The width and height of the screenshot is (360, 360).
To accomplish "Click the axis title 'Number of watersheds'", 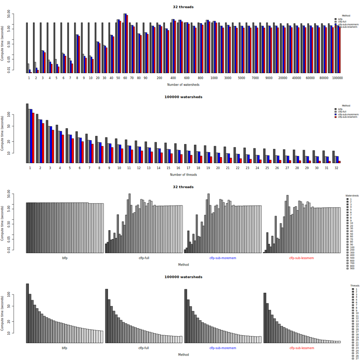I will click(x=183, y=85).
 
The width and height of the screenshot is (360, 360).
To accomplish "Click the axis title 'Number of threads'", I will click(x=183, y=175).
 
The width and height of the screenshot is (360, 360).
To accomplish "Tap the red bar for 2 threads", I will click(x=43, y=143).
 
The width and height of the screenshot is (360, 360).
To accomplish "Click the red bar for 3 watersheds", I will click(x=45, y=62).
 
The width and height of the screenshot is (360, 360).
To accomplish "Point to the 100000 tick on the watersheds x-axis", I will click(x=337, y=78).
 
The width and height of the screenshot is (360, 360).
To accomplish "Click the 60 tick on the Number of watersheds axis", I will click(x=125, y=78).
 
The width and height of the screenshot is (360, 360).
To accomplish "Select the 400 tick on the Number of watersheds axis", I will click(x=173, y=78).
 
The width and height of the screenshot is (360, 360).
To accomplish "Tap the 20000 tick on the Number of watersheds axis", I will click(x=283, y=78).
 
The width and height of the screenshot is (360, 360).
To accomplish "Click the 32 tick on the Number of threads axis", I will click(x=337, y=168).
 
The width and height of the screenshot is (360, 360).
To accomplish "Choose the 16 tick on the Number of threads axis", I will click(x=178, y=168).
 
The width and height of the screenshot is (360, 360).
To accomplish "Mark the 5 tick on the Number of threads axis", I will click(x=69, y=168).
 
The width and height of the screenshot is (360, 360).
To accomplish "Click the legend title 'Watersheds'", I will click(x=352, y=196).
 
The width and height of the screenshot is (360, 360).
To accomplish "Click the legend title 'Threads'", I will click(x=355, y=286).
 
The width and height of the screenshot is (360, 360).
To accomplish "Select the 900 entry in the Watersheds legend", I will click(x=352, y=268).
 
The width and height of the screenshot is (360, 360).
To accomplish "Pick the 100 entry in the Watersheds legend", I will click(x=352, y=247).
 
